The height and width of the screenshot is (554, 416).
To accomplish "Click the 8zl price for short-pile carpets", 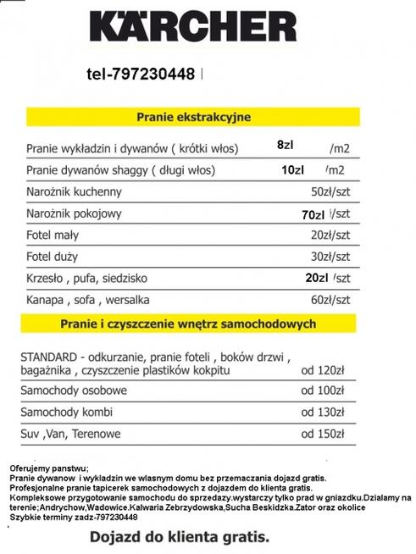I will click(x=286, y=145).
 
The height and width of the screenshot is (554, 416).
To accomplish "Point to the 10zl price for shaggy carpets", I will click(x=292, y=169).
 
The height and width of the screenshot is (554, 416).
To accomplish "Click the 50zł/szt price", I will click(x=330, y=191).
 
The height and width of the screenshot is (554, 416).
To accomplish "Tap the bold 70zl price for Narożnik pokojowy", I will click(x=313, y=214).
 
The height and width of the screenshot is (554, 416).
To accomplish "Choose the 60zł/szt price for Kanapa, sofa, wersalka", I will click(x=330, y=299).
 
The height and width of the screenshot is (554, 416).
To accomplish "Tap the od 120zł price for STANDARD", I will click(x=324, y=369).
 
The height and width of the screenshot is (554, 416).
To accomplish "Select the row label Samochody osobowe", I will click(x=77, y=391).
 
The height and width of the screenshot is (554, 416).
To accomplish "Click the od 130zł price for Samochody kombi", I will click(x=324, y=412).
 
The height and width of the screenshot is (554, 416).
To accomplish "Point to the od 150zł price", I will click(x=324, y=434).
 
